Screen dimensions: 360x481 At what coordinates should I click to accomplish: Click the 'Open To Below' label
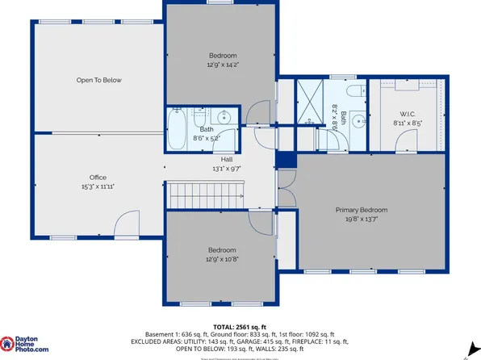(98, 81)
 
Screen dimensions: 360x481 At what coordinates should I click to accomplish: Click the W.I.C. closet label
(407, 115)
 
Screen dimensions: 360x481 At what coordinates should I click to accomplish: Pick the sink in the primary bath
(355, 122)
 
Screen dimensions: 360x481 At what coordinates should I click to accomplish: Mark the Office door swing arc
(126, 225)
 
